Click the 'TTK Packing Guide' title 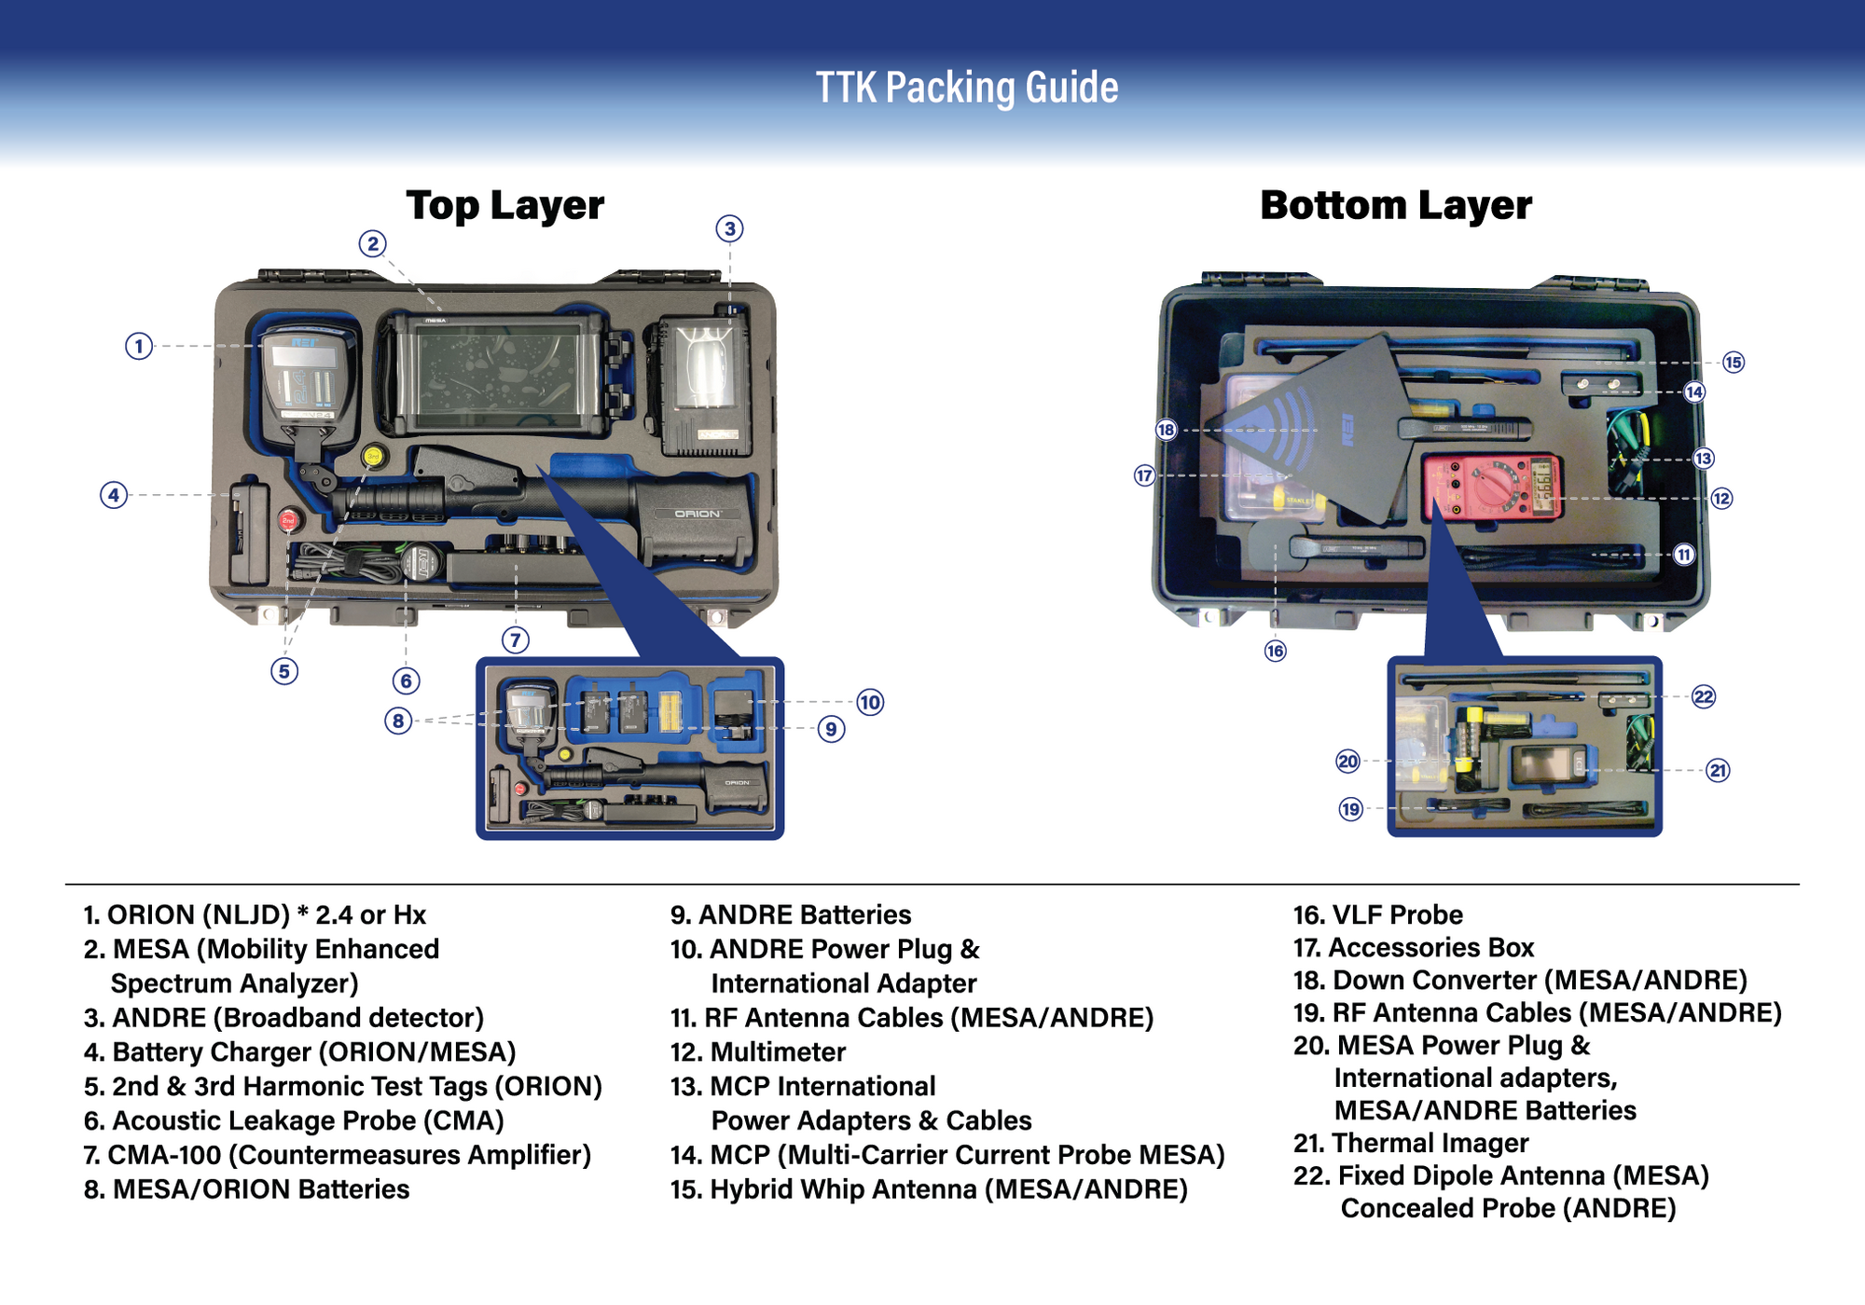pos(967,88)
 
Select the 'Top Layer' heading pos(504,206)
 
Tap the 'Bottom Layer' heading pos(1395,206)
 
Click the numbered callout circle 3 pos(729,228)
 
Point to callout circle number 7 pos(516,640)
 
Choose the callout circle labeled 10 pos(870,702)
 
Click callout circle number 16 pos(1275,651)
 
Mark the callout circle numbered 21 pos(1718,770)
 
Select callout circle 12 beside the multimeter pos(1721,499)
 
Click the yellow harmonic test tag pos(373,456)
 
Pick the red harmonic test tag pos(288,519)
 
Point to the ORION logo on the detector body pos(698,514)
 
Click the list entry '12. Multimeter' pos(758,1052)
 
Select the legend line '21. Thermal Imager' pos(1411,1143)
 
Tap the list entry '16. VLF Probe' pos(1377,915)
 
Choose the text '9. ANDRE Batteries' pos(791,915)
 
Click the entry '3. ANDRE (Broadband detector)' pos(283,1018)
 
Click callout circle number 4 pos(114,495)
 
